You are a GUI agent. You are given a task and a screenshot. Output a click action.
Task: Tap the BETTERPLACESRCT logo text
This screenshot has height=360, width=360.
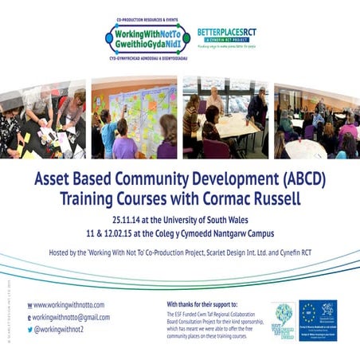coord(227,33)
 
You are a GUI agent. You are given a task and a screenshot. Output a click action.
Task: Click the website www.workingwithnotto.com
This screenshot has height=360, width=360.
coord(69,304)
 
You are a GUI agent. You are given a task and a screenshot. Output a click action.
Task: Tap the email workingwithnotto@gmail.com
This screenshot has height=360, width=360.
coord(74,316)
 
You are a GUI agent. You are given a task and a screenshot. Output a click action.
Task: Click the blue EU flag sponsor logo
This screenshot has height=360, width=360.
coord(318,320)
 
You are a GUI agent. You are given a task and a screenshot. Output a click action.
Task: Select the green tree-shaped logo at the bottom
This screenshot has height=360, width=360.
coord(283,319)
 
